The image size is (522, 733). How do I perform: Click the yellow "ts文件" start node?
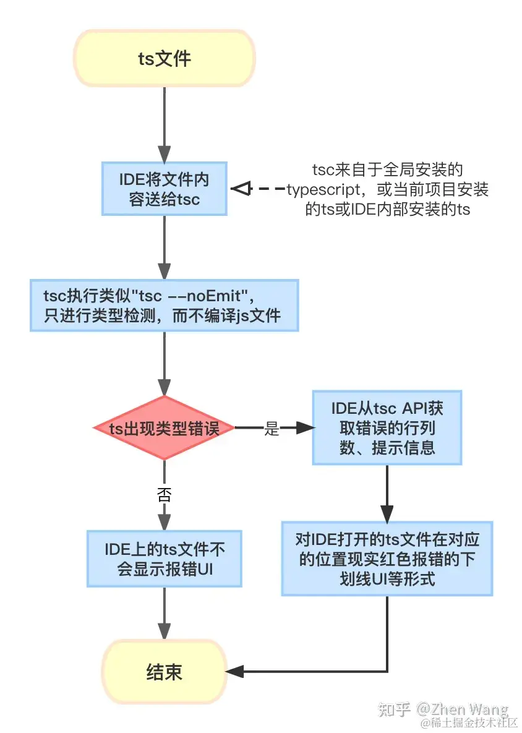(x=164, y=59)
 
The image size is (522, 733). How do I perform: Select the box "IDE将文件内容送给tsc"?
(x=165, y=189)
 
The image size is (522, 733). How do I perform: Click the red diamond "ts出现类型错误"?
(x=165, y=428)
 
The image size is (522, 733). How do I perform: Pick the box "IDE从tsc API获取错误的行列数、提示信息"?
(x=387, y=428)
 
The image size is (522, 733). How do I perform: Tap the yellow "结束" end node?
(x=165, y=672)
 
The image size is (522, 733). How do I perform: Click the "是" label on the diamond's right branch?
(x=272, y=429)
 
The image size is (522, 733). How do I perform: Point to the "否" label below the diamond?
(x=165, y=494)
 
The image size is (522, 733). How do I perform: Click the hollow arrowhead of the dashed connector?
(x=239, y=189)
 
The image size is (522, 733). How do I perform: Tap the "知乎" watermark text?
(x=393, y=709)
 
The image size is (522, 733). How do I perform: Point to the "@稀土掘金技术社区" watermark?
(x=469, y=722)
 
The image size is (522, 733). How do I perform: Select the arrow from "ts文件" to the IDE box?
(x=165, y=124)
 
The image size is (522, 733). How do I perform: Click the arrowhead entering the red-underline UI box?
(x=387, y=513)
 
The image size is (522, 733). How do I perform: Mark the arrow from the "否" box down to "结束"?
(x=165, y=612)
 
